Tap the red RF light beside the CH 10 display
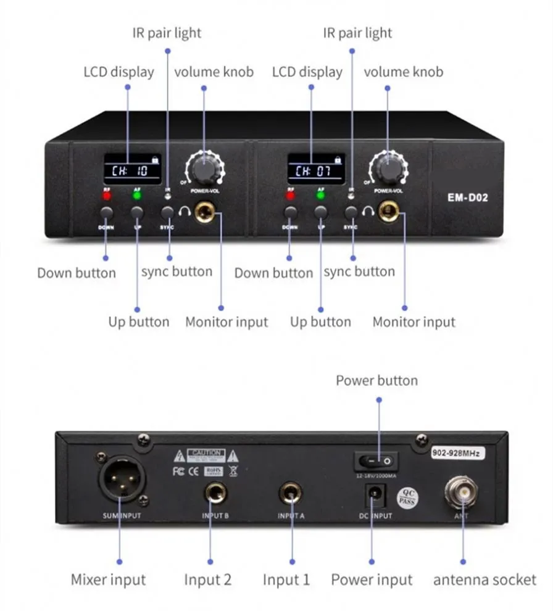pos(107,196)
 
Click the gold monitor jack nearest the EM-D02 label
pos(390,214)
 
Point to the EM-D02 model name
pos(468,199)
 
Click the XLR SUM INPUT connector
pos(122,477)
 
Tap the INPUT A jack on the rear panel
pos(291,493)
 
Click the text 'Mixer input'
pos(109,580)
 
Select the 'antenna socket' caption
pos(484,580)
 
